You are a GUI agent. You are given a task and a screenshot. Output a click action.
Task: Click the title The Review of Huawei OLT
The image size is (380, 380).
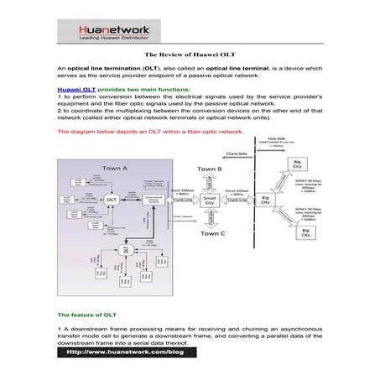point(190,54)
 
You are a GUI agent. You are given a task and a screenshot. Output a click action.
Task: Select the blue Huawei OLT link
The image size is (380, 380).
point(74,88)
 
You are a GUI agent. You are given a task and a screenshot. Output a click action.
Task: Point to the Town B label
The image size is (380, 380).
point(210,169)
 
